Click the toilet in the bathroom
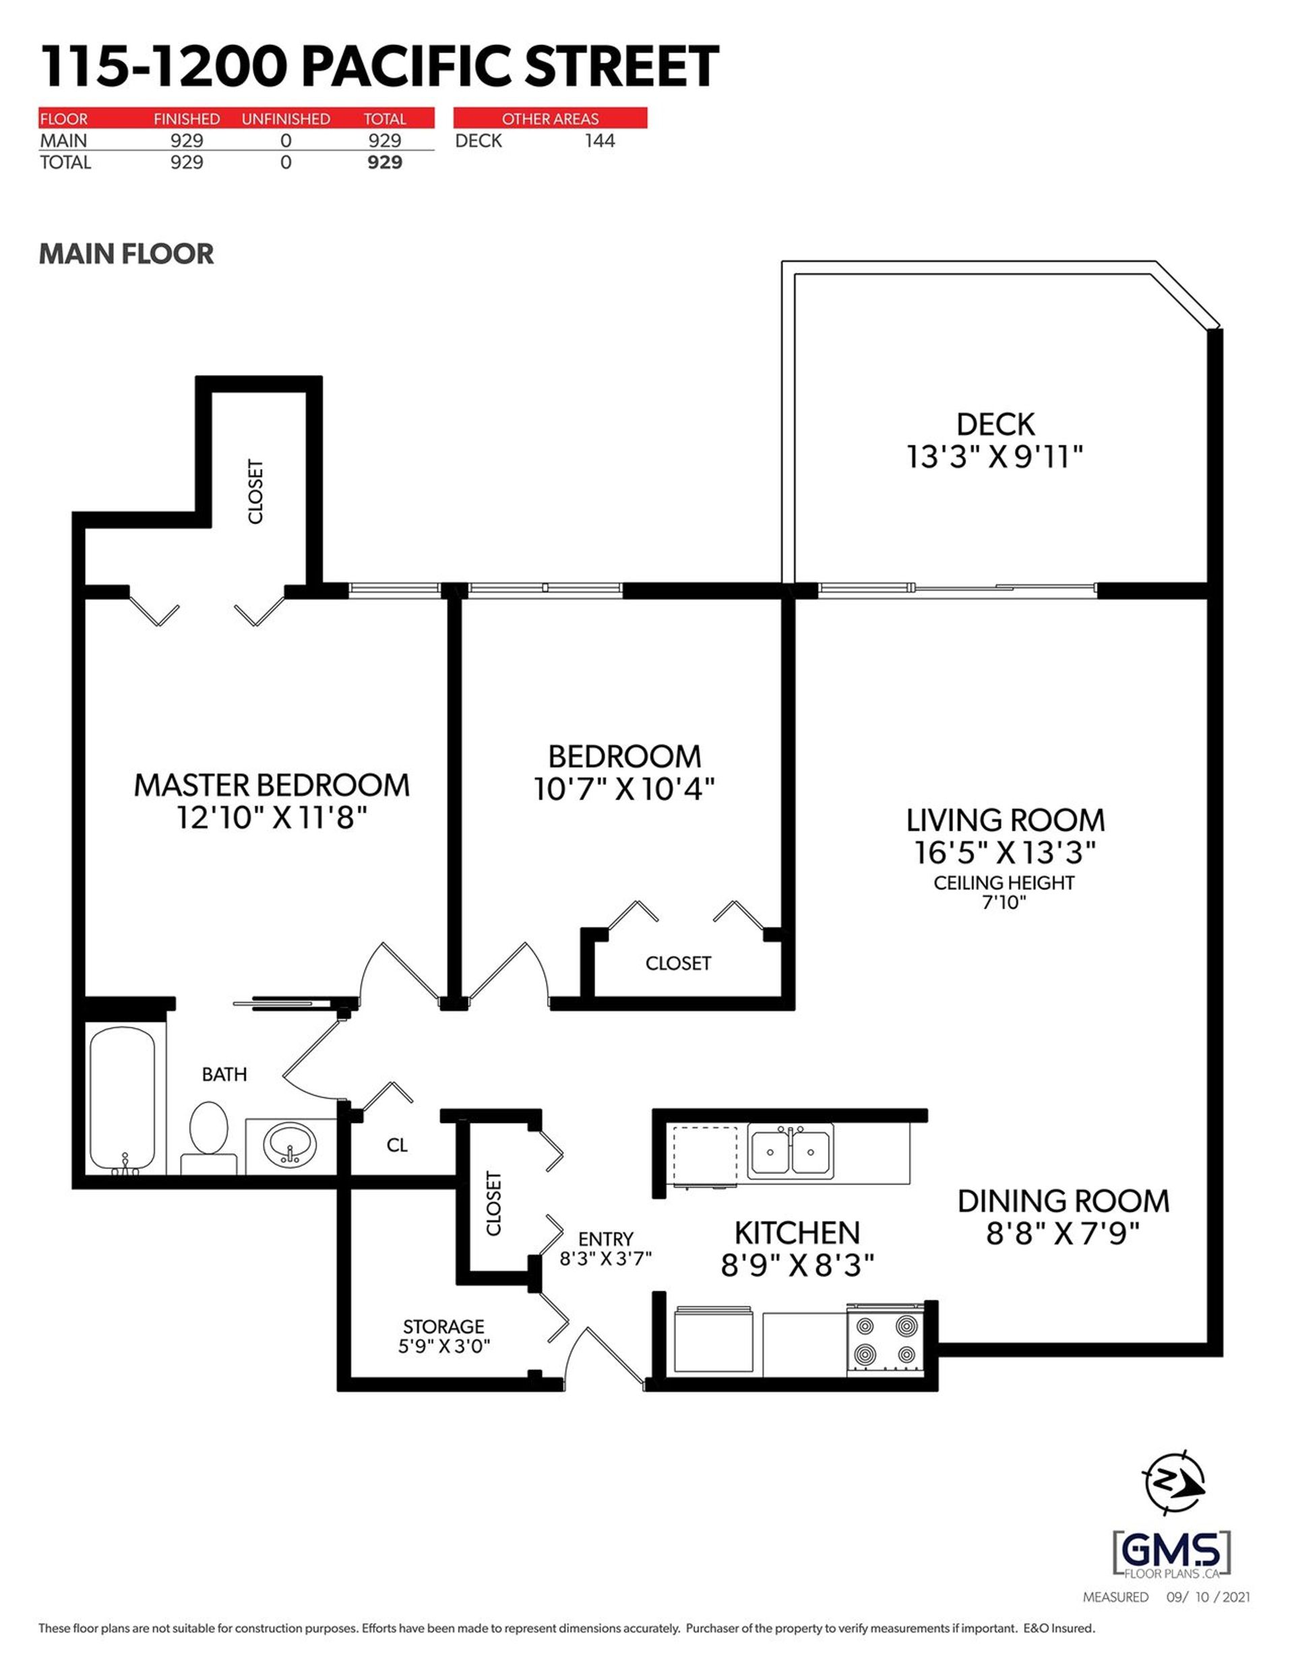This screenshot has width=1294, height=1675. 208,1135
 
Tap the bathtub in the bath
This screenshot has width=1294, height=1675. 122,1098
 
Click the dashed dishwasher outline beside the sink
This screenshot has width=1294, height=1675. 704,1155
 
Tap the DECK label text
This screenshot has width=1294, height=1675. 995,424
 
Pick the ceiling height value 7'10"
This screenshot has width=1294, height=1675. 1004,902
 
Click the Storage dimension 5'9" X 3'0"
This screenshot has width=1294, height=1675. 443,1346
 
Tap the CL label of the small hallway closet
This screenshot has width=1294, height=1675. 396,1145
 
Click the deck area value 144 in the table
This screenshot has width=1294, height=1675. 599,140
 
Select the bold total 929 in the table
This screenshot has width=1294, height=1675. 384,162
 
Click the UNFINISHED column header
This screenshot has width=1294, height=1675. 285,119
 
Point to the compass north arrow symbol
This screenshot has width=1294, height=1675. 1174,1481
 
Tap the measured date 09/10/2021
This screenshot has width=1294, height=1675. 1208,1598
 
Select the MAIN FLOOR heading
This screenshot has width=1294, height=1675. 127,254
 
